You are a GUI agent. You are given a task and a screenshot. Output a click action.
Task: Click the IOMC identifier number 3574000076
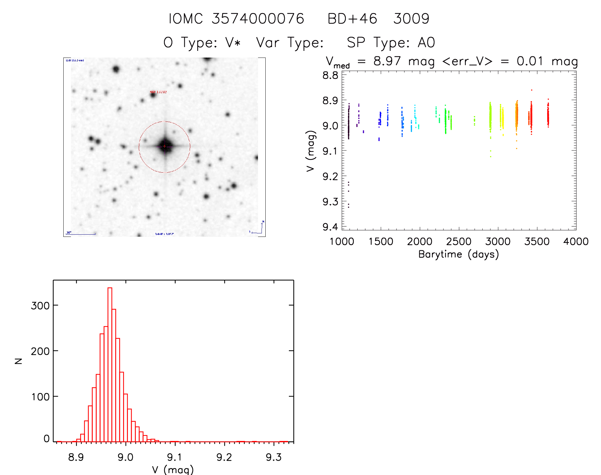point(258,19)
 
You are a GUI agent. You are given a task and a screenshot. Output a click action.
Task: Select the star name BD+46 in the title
point(352,19)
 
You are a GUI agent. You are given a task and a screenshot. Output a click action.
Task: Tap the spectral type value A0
point(426,43)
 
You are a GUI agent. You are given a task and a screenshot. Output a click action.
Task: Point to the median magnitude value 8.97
point(387,61)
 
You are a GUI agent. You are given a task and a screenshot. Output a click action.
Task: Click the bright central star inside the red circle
point(165,146)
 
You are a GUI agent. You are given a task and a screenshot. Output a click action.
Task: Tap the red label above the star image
point(158,92)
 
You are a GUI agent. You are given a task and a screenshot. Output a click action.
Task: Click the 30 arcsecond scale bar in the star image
point(81,234)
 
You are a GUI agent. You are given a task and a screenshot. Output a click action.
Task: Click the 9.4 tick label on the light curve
point(330,227)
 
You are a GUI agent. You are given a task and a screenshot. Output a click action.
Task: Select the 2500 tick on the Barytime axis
point(459,242)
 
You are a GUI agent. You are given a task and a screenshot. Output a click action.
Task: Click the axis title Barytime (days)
point(458,254)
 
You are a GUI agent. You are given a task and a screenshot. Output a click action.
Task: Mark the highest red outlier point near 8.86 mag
point(532,90)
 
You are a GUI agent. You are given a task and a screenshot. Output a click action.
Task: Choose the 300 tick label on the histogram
point(40,306)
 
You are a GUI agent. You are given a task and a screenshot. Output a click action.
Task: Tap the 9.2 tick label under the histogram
point(224,457)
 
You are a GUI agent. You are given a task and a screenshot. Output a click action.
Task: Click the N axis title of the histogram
point(19,361)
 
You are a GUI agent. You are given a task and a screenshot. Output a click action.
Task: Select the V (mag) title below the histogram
point(173,469)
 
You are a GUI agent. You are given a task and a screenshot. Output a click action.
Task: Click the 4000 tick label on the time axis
point(576,242)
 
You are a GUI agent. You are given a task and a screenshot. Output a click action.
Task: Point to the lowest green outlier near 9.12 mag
point(491,156)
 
